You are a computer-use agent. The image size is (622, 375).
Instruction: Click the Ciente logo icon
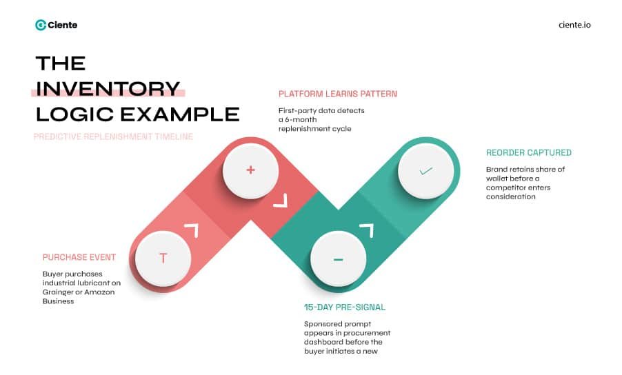click(x=41, y=25)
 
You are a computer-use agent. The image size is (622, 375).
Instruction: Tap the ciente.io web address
click(x=574, y=25)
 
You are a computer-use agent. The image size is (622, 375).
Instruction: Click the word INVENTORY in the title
click(x=108, y=89)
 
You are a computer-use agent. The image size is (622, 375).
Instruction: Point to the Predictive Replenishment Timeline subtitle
click(x=113, y=136)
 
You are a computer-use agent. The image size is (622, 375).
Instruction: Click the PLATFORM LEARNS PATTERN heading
click(x=337, y=94)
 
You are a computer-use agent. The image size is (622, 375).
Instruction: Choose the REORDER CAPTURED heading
click(x=529, y=152)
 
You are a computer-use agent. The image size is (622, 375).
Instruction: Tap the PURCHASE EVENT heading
click(x=79, y=257)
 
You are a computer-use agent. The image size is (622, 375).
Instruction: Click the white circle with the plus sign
click(x=250, y=170)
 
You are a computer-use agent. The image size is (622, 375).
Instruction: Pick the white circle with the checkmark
click(x=425, y=170)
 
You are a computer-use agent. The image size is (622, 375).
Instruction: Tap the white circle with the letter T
click(x=163, y=259)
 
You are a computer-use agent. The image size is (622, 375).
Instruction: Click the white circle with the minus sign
click(x=338, y=259)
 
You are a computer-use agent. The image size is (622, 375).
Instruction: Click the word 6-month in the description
click(x=302, y=119)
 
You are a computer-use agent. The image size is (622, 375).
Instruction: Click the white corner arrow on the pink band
click(x=191, y=230)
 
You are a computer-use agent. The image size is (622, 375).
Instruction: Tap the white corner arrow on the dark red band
click(x=279, y=201)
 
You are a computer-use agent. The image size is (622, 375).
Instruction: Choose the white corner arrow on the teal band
click(x=366, y=230)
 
